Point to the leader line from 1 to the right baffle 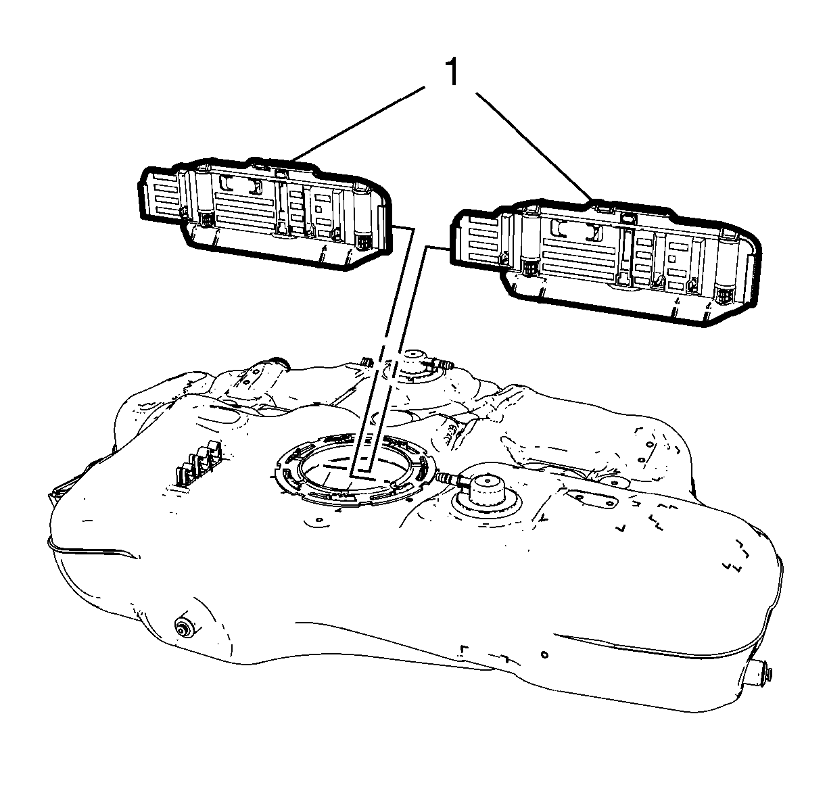(534, 146)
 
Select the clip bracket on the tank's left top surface (199, 462)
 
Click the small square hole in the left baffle (318, 209)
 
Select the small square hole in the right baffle (671, 259)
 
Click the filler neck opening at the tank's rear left (275, 363)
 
